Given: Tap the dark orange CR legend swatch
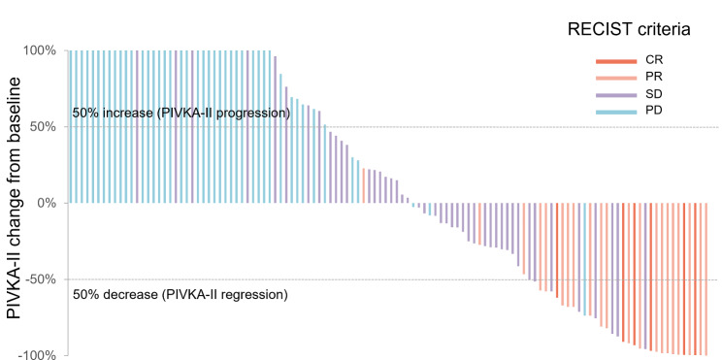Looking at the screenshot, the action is pyautogui.click(x=616, y=61).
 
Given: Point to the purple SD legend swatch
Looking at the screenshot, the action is pyautogui.click(x=616, y=95).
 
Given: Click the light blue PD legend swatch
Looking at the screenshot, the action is pyautogui.click(x=616, y=112).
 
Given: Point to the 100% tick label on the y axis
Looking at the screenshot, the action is pyautogui.click(x=43, y=50).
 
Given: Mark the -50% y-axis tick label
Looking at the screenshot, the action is pyautogui.click(x=45, y=279).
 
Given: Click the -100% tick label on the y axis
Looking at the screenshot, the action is pyautogui.click(x=41, y=355).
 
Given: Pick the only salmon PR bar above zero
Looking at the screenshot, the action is pyautogui.click(x=363, y=185).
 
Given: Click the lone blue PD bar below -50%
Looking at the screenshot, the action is pyautogui.click(x=585, y=259).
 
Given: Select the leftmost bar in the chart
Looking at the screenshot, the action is pyautogui.click(x=71, y=126).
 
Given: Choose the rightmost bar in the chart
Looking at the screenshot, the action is pyautogui.click(x=706, y=279).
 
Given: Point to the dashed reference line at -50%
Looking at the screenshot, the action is pyautogui.click(x=393, y=279).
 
